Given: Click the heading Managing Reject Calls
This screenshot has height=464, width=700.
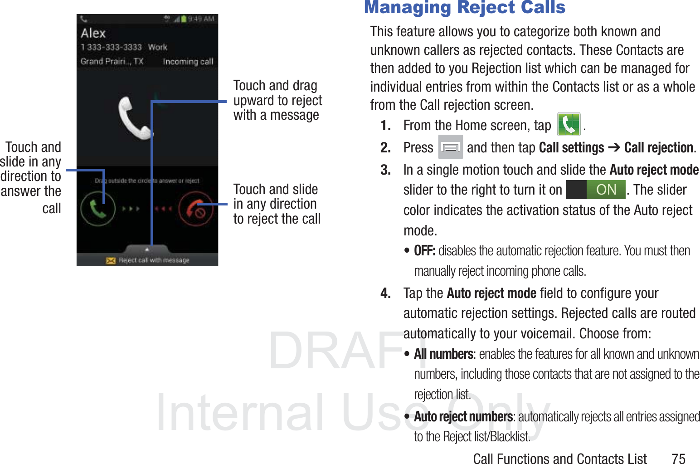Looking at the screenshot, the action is [x=465, y=8].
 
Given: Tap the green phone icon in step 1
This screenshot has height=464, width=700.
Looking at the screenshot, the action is [x=569, y=125].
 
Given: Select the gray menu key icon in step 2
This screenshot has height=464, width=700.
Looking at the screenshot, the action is [x=450, y=147].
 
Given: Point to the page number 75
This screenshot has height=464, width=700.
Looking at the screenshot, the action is [x=678, y=458].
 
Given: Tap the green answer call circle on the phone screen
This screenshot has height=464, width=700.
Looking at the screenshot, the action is [x=97, y=209].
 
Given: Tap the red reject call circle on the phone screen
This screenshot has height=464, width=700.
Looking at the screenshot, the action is [x=196, y=209].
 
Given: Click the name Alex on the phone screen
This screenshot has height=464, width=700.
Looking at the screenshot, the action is [x=93, y=33].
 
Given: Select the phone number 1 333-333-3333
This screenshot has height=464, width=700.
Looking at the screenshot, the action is [x=112, y=47].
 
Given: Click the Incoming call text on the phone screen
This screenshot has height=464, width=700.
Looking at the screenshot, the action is [x=188, y=62].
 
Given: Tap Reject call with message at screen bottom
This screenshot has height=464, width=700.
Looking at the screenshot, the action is [x=154, y=260].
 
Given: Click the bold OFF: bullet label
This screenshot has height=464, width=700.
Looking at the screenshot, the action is [x=424, y=250].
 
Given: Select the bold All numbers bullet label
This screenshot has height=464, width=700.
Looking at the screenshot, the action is [x=443, y=354].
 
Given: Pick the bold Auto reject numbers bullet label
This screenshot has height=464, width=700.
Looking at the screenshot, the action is [x=463, y=416].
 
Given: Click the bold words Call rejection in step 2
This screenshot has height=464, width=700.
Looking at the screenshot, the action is [x=659, y=147].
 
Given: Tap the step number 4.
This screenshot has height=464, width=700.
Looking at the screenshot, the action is [x=385, y=293].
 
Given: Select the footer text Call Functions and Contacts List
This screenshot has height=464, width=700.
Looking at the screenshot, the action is [x=559, y=459].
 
